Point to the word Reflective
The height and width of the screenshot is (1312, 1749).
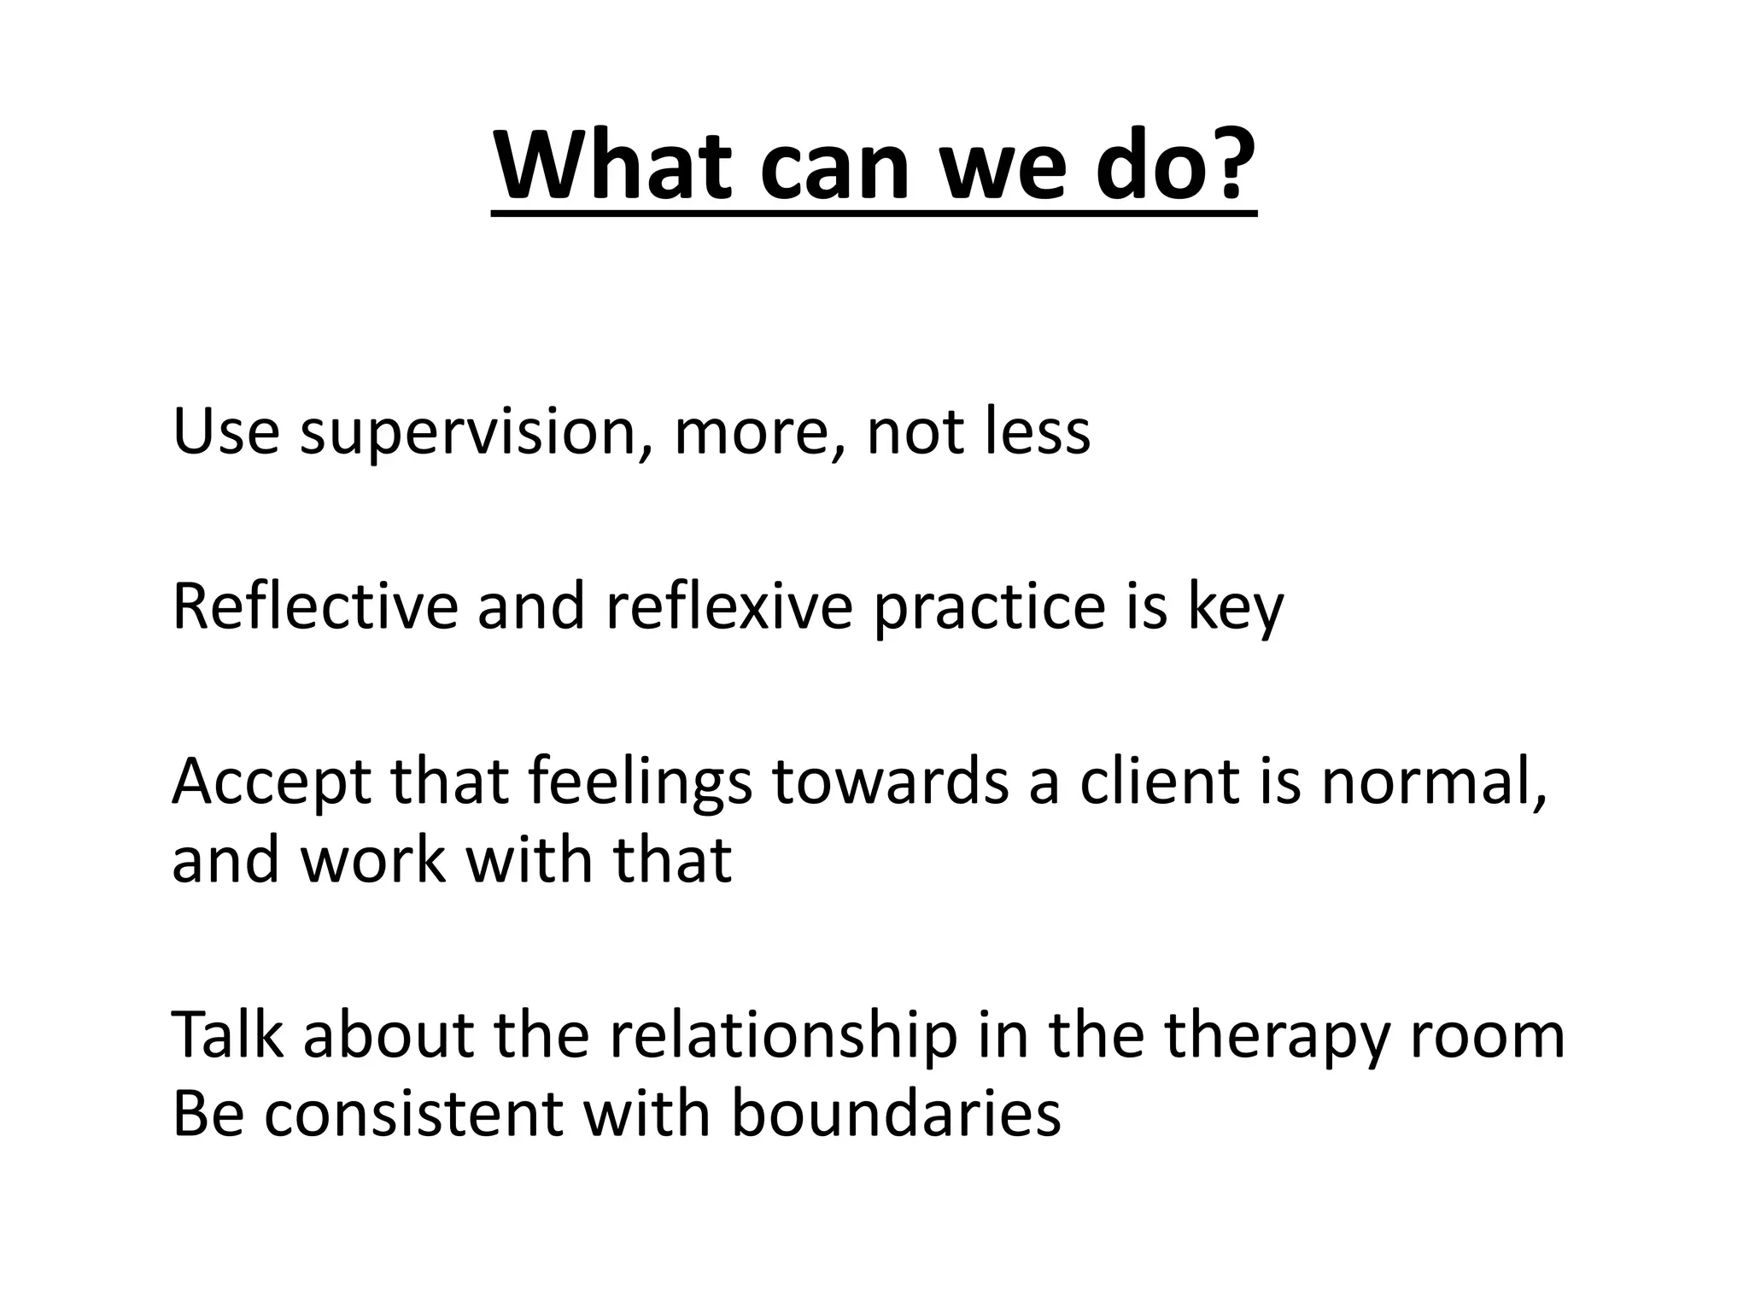click(315, 606)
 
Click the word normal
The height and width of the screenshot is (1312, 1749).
click(1433, 782)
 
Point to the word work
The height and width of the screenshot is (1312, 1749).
click(373, 859)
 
